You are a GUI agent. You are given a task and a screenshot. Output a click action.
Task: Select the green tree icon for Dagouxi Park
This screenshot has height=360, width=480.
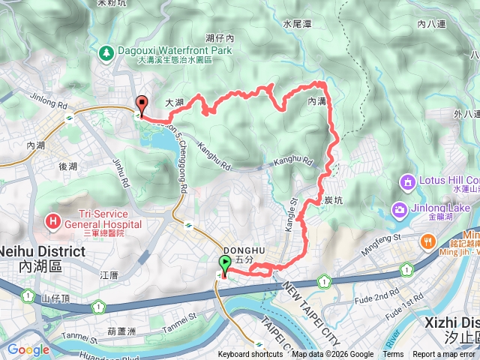tap(106, 52)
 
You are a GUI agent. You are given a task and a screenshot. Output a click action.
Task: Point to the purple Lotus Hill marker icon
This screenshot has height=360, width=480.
tap(408, 181)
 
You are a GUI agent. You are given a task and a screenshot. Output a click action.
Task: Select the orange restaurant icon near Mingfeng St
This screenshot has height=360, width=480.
tap(427, 241)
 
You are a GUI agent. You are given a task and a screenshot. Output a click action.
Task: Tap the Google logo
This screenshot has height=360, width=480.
tap(28, 349)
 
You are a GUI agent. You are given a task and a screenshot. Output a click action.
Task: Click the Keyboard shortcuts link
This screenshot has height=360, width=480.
tap(250, 355)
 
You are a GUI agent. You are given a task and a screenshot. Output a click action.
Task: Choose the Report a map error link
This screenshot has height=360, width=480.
tap(444, 355)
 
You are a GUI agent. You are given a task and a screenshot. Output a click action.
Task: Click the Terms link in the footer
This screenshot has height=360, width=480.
tap(393, 355)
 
